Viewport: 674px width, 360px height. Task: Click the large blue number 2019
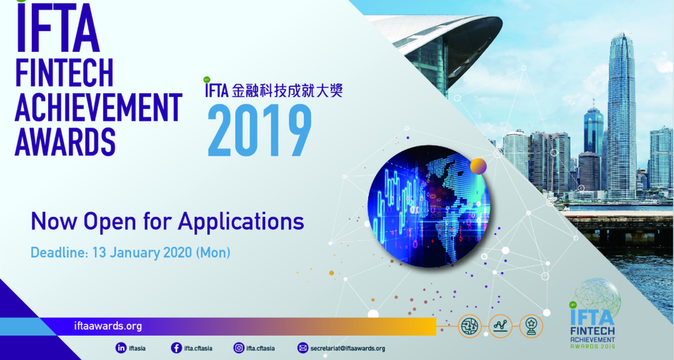pyautogui.click(x=259, y=131)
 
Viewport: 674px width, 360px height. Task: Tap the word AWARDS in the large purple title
pyautogui.click(x=66, y=141)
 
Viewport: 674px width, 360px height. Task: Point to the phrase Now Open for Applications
pyautogui.click(x=167, y=221)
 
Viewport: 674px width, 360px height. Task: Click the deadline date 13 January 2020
pyautogui.click(x=141, y=253)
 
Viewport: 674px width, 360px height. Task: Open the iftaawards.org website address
pyautogui.click(x=108, y=326)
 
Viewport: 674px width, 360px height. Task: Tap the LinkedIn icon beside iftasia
pyautogui.click(x=121, y=347)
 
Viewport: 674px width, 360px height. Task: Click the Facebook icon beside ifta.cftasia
pyautogui.click(x=176, y=347)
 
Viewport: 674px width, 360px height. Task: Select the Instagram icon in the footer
pyautogui.click(x=238, y=347)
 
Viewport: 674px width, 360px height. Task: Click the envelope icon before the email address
pyautogui.click(x=302, y=347)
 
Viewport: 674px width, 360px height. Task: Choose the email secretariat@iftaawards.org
pyautogui.click(x=347, y=347)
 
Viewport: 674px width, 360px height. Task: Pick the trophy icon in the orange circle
pyautogui.click(x=531, y=325)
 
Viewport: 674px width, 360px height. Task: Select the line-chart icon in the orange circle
pyautogui.click(x=501, y=325)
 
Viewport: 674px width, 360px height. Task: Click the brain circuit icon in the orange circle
pyautogui.click(x=470, y=325)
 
